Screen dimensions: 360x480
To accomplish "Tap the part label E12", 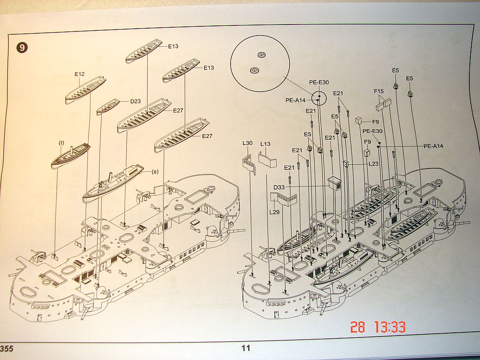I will click(79, 74).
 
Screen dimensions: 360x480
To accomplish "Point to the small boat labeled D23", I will click(108, 107).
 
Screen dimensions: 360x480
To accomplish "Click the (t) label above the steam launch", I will click(61, 143).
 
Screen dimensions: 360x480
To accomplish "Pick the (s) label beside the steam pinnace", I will click(155, 172).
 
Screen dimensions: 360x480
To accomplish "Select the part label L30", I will click(248, 143).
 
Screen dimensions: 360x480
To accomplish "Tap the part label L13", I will click(265, 144).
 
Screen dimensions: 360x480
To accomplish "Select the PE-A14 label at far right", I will click(433, 146).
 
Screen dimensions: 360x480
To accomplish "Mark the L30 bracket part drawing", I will click(249, 163).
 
